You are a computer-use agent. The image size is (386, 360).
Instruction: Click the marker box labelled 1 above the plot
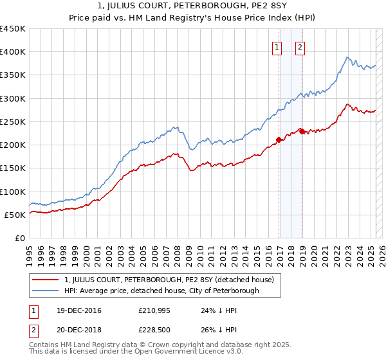point(277,46)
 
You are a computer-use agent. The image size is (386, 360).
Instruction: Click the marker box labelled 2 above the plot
point(300,46)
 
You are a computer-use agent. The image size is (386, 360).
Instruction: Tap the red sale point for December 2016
point(279,139)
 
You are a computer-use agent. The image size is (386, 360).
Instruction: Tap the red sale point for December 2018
point(302,131)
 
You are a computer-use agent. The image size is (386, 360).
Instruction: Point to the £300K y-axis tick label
point(13,98)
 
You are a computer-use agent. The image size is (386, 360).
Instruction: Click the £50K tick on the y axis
point(15,215)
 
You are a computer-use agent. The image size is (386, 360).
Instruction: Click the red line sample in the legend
point(45,280)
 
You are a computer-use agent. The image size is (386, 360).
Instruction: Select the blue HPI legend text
point(161,291)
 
